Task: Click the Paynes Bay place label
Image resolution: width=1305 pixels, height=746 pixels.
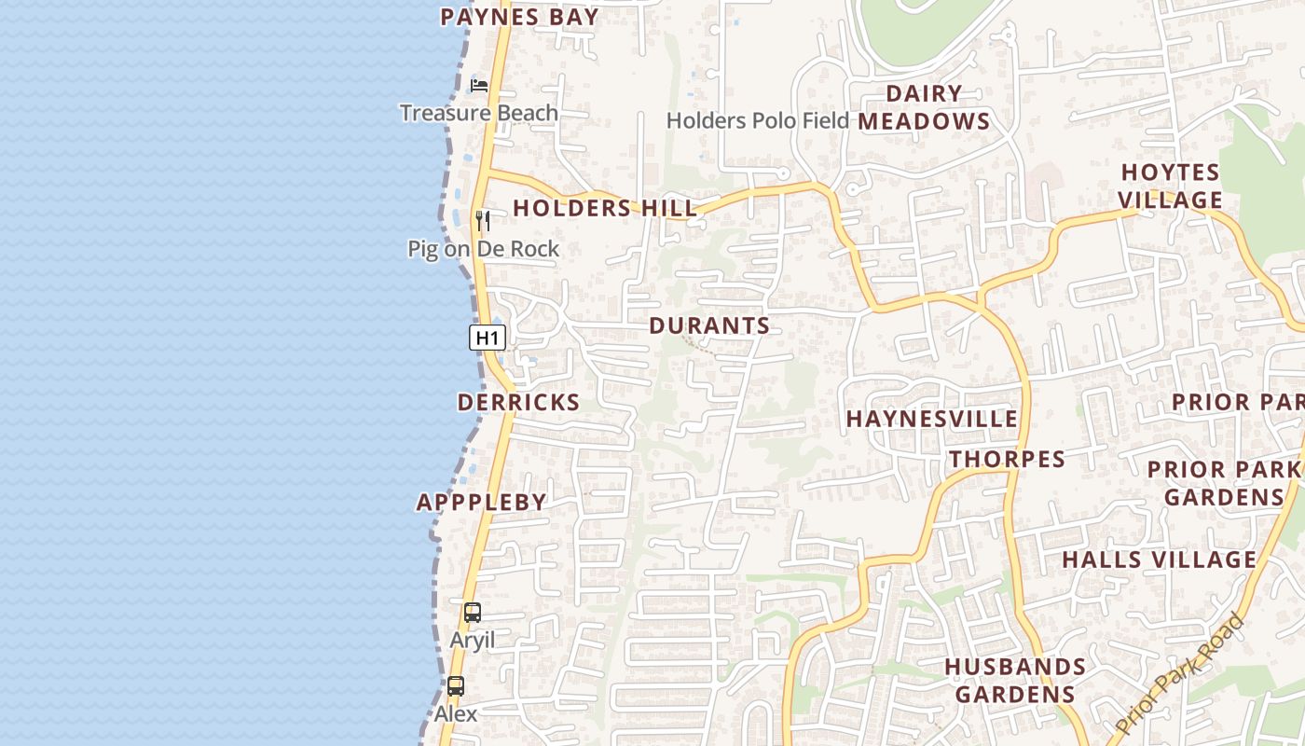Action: pos(518,16)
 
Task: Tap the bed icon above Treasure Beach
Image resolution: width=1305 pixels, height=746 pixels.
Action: pos(479,85)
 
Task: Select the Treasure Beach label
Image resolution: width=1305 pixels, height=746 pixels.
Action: pos(479,113)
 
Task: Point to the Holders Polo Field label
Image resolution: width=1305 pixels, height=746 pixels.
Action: pos(758,120)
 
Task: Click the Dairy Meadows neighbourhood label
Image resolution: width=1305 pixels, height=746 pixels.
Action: pos(924,107)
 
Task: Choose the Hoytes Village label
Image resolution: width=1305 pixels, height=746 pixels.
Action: pos(1170,186)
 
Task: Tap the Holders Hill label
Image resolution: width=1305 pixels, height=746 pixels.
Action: pos(604,208)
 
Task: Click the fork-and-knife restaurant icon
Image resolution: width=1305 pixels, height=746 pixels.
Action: pos(482,221)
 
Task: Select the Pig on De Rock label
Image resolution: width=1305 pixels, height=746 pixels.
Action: pos(483,249)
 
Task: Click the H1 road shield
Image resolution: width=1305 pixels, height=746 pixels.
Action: pos(487,338)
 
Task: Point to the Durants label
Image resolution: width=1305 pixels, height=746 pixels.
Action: pos(709,325)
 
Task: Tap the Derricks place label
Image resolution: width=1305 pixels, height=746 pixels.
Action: pos(518,402)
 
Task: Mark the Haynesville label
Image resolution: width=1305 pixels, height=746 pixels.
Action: pos(932,419)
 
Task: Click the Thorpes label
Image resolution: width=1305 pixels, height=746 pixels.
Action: pos(1007,459)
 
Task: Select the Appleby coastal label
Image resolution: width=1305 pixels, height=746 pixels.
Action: pos(481,502)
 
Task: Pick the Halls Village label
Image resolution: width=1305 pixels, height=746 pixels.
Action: pos(1160,559)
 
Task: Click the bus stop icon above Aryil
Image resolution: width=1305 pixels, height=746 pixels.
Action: pos(473,613)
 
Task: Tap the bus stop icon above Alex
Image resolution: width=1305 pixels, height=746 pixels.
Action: pos(455,686)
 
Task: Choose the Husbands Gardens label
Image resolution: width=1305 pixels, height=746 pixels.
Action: pos(1015,681)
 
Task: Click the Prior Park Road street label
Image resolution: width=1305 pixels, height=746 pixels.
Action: pos(1180,673)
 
